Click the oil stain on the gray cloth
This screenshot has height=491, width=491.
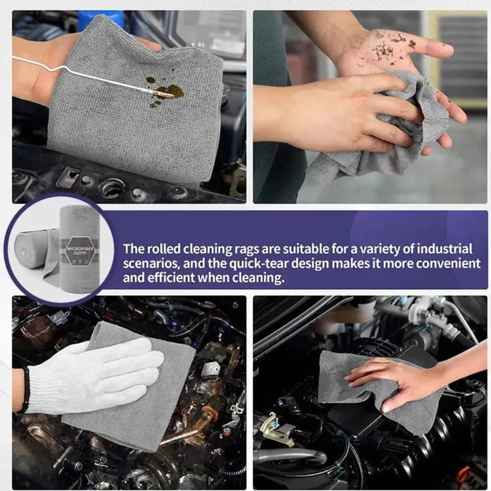point(165,92)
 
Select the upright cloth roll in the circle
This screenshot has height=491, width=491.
point(80,249)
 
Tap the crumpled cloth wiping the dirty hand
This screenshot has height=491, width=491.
point(385,125)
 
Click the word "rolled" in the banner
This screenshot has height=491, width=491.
point(164,249)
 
